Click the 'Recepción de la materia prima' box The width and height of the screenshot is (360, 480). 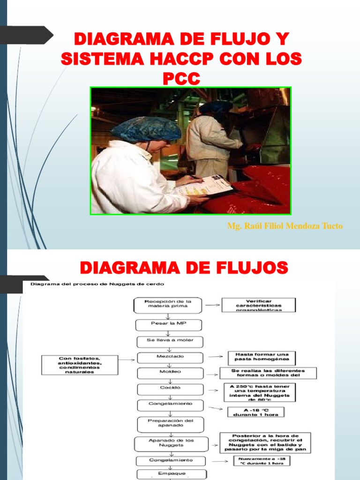[168, 306]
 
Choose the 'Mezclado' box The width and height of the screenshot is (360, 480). [170, 357]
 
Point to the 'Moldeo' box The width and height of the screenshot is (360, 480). [170, 373]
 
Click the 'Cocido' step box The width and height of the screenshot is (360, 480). [170, 389]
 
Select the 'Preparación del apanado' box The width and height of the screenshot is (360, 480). [171, 424]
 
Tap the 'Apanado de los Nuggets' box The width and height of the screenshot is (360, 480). [170, 443]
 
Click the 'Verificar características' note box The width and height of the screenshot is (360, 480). [259, 305]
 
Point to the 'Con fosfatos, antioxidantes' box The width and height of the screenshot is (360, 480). [79, 365]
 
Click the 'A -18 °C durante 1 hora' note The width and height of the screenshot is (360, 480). [256, 412]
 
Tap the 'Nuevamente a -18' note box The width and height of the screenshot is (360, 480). [262, 461]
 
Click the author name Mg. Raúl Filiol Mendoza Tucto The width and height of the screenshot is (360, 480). [285, 226]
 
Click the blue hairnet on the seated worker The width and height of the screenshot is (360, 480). [146, 130]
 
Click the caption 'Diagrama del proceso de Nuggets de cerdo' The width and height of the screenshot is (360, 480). [97, 284]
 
